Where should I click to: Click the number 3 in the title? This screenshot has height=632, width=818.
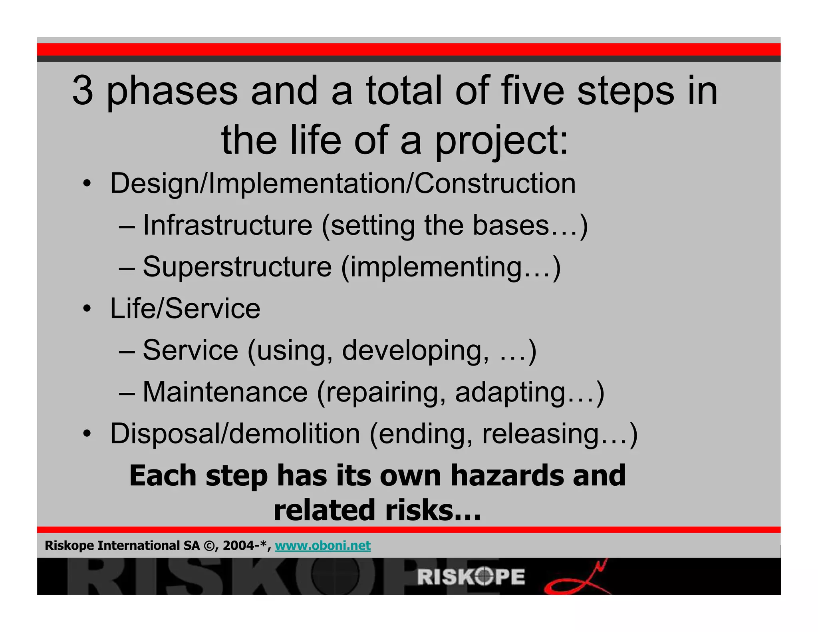[x=83, y=91]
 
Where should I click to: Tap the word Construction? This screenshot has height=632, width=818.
[x=495, y=184]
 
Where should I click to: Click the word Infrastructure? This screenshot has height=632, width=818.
[x=227, y=225]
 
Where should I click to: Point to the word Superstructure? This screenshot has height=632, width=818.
[x=237, y=267]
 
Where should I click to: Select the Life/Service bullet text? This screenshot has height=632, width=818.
[x=185, y=309]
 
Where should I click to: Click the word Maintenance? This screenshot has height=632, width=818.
[x=225, y=392]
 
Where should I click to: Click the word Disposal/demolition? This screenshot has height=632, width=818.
[x=235, y=434]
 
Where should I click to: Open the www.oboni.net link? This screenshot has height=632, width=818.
[x=323, y=545]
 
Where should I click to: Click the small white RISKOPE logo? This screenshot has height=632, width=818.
[x=471, y=577]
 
